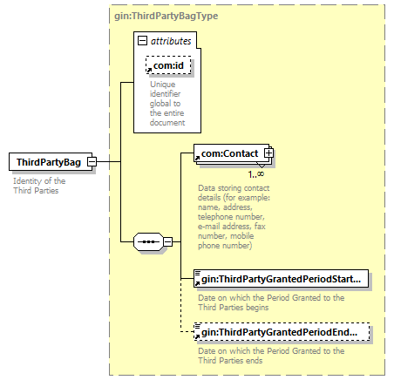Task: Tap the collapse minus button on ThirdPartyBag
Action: point(92,161)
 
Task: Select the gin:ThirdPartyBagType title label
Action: point(166,16)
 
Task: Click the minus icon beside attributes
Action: point(142,41)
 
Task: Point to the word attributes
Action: point(171,41)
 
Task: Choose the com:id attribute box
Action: point(168,65)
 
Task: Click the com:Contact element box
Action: point(231,153)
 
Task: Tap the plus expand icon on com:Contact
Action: point(268,153)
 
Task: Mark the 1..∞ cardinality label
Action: point(256,174)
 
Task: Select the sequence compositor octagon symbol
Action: point(148,241)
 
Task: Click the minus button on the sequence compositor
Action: point(167,241)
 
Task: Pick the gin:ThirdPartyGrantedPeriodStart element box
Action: point(281,279)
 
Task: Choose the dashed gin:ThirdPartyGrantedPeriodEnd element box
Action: point(282,332)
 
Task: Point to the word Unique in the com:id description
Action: point(163,85)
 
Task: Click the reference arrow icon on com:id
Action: point(149,70)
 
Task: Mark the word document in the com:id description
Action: point(167,123)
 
